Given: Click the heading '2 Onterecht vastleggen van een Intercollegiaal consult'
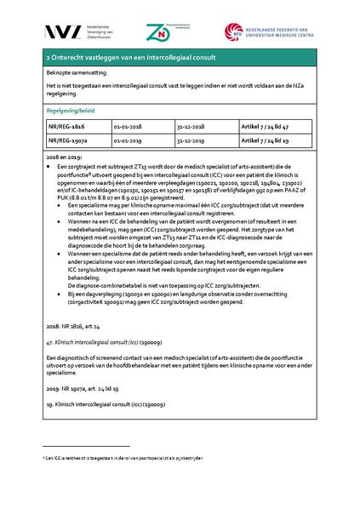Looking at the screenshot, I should pos(131,57).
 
